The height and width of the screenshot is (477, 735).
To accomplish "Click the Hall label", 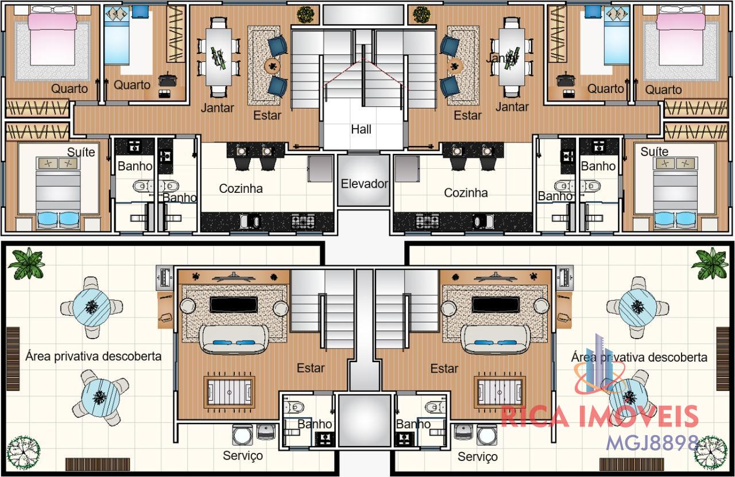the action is pos(361,129).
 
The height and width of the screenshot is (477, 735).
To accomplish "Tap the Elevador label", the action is pos(364,184).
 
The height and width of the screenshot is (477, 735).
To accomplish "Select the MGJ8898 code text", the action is pos(652,443).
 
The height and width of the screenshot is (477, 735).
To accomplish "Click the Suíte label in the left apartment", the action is pos(81,152).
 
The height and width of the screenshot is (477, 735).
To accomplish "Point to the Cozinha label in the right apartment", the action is pos(466,193).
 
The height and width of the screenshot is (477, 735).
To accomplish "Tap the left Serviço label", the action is pos(243,456).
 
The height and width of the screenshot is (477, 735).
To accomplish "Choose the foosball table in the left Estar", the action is pos(229,391).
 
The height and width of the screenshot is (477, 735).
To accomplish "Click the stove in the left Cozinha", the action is pos(303,221).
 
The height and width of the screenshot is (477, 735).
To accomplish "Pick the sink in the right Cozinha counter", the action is pos(483,221).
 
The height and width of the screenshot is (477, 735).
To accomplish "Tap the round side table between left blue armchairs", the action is pos(272,67).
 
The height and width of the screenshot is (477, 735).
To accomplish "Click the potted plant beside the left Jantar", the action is pos(306,14).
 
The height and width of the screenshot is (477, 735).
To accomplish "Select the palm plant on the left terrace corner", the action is pos(26,263).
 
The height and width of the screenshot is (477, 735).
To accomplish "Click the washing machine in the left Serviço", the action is pos(242,435).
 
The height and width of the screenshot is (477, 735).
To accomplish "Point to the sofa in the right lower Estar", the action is pos(496,339).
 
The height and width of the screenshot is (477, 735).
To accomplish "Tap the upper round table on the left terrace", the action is pos(91,308).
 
